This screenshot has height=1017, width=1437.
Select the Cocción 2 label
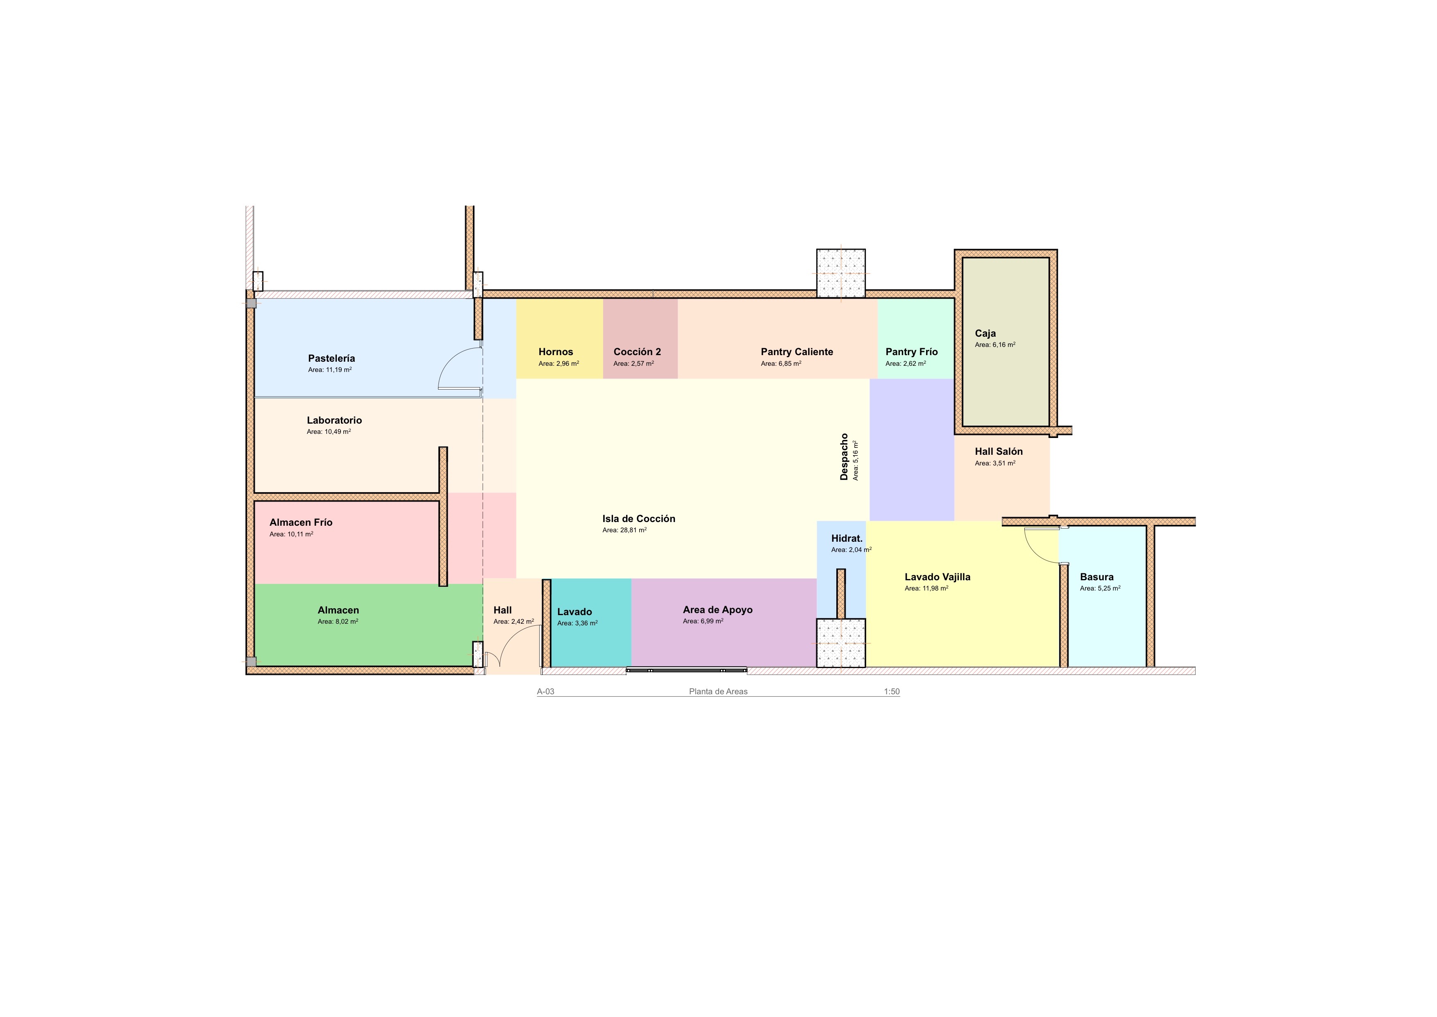point(637,352)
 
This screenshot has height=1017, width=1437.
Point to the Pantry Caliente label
point(797,352)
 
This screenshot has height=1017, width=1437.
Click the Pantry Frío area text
point(906,363)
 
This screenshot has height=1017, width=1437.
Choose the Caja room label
point(985,333)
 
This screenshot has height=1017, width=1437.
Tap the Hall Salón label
point(999,451)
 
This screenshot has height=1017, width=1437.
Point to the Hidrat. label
point(847,538)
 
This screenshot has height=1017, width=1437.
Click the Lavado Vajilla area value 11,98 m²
point(926,588)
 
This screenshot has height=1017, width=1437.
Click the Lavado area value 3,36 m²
point(577,623)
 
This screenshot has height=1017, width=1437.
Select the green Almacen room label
point(338,610)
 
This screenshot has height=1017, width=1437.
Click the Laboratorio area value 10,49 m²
point(329,431)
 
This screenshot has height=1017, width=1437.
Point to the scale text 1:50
point(892,692)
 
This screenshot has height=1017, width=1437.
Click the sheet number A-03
point(546,692)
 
